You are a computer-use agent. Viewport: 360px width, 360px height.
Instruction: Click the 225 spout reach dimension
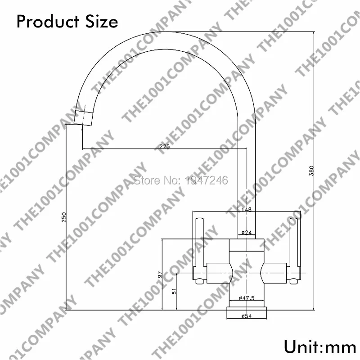164,146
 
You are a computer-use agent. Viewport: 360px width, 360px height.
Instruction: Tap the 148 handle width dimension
246,209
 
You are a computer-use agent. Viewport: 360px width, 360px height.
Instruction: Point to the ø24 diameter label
246,232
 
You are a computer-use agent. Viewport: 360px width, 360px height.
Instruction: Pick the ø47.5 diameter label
246,298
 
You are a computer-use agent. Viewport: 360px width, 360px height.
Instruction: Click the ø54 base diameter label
246,316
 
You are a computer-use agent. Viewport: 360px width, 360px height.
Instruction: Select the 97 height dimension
160,274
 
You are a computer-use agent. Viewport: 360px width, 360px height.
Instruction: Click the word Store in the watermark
145,180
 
